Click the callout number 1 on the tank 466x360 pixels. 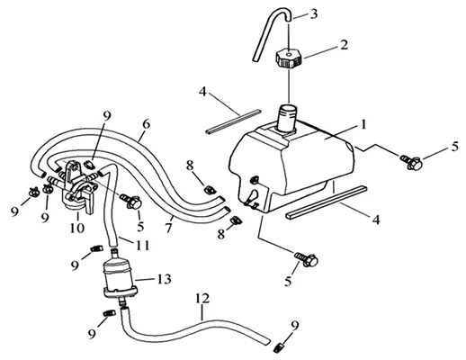(x=363, y=124)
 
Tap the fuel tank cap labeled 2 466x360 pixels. (x=288, y=58)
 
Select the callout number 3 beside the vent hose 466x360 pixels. (x=314, y=14)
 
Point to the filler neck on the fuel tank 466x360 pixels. (x=288, y=118)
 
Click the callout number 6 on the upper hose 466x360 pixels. (x=146, y=124)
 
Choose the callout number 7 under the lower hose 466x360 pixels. (x=168, y=228)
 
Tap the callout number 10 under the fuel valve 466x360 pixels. (x=77, y=228)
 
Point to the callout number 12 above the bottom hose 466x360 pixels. (x=202, y=299)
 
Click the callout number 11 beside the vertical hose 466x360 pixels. (x=142, y=245)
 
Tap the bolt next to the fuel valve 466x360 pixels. (x=131, y=201)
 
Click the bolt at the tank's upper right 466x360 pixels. (x=410, y=161)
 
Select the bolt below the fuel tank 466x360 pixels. (x=306, y=259)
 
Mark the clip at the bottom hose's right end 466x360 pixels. (x=279, y=347)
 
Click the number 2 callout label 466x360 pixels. (x=344, y=45)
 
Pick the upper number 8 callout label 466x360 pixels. (x=190, y=166)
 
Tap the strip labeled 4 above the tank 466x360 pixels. (x=234, y=121)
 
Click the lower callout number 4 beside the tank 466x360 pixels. (x=376, y=220)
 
